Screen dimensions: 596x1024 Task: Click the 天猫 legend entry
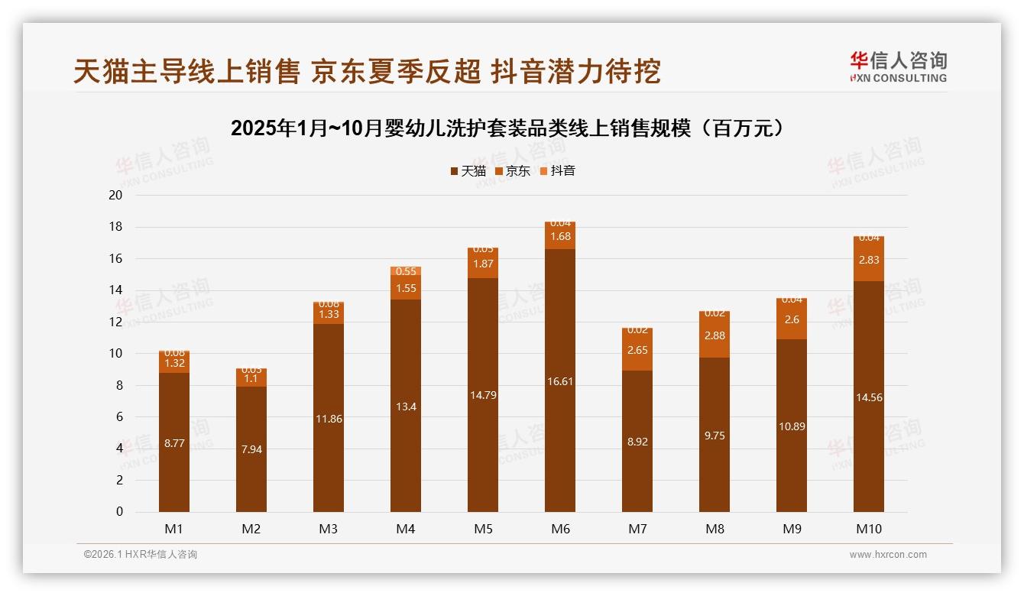pos(468,171)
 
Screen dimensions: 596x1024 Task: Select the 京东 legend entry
pos(513,171)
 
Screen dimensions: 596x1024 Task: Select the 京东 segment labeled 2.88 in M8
pos(715,335)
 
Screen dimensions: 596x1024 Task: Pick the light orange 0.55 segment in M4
pos(406,271)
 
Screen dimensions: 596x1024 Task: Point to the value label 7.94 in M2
pos(251,449)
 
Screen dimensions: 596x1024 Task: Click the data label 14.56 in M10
pos(869,397)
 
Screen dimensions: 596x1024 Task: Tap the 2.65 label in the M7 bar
pos(637,350)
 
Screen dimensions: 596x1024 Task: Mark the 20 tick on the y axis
pos(115,195)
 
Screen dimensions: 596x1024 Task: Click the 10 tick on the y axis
pos(115,354)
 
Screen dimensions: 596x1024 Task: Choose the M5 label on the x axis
pos(483,529)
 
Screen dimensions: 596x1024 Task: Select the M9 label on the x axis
pos(792,529)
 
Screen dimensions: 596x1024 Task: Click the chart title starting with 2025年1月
pos(508,128)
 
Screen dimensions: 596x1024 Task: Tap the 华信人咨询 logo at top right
pos(898,66)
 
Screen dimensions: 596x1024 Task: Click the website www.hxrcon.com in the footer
pos(888,555)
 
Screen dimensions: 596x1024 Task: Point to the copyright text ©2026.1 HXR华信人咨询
pos(140,555)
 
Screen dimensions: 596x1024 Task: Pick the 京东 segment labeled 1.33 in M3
pos(329,315)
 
